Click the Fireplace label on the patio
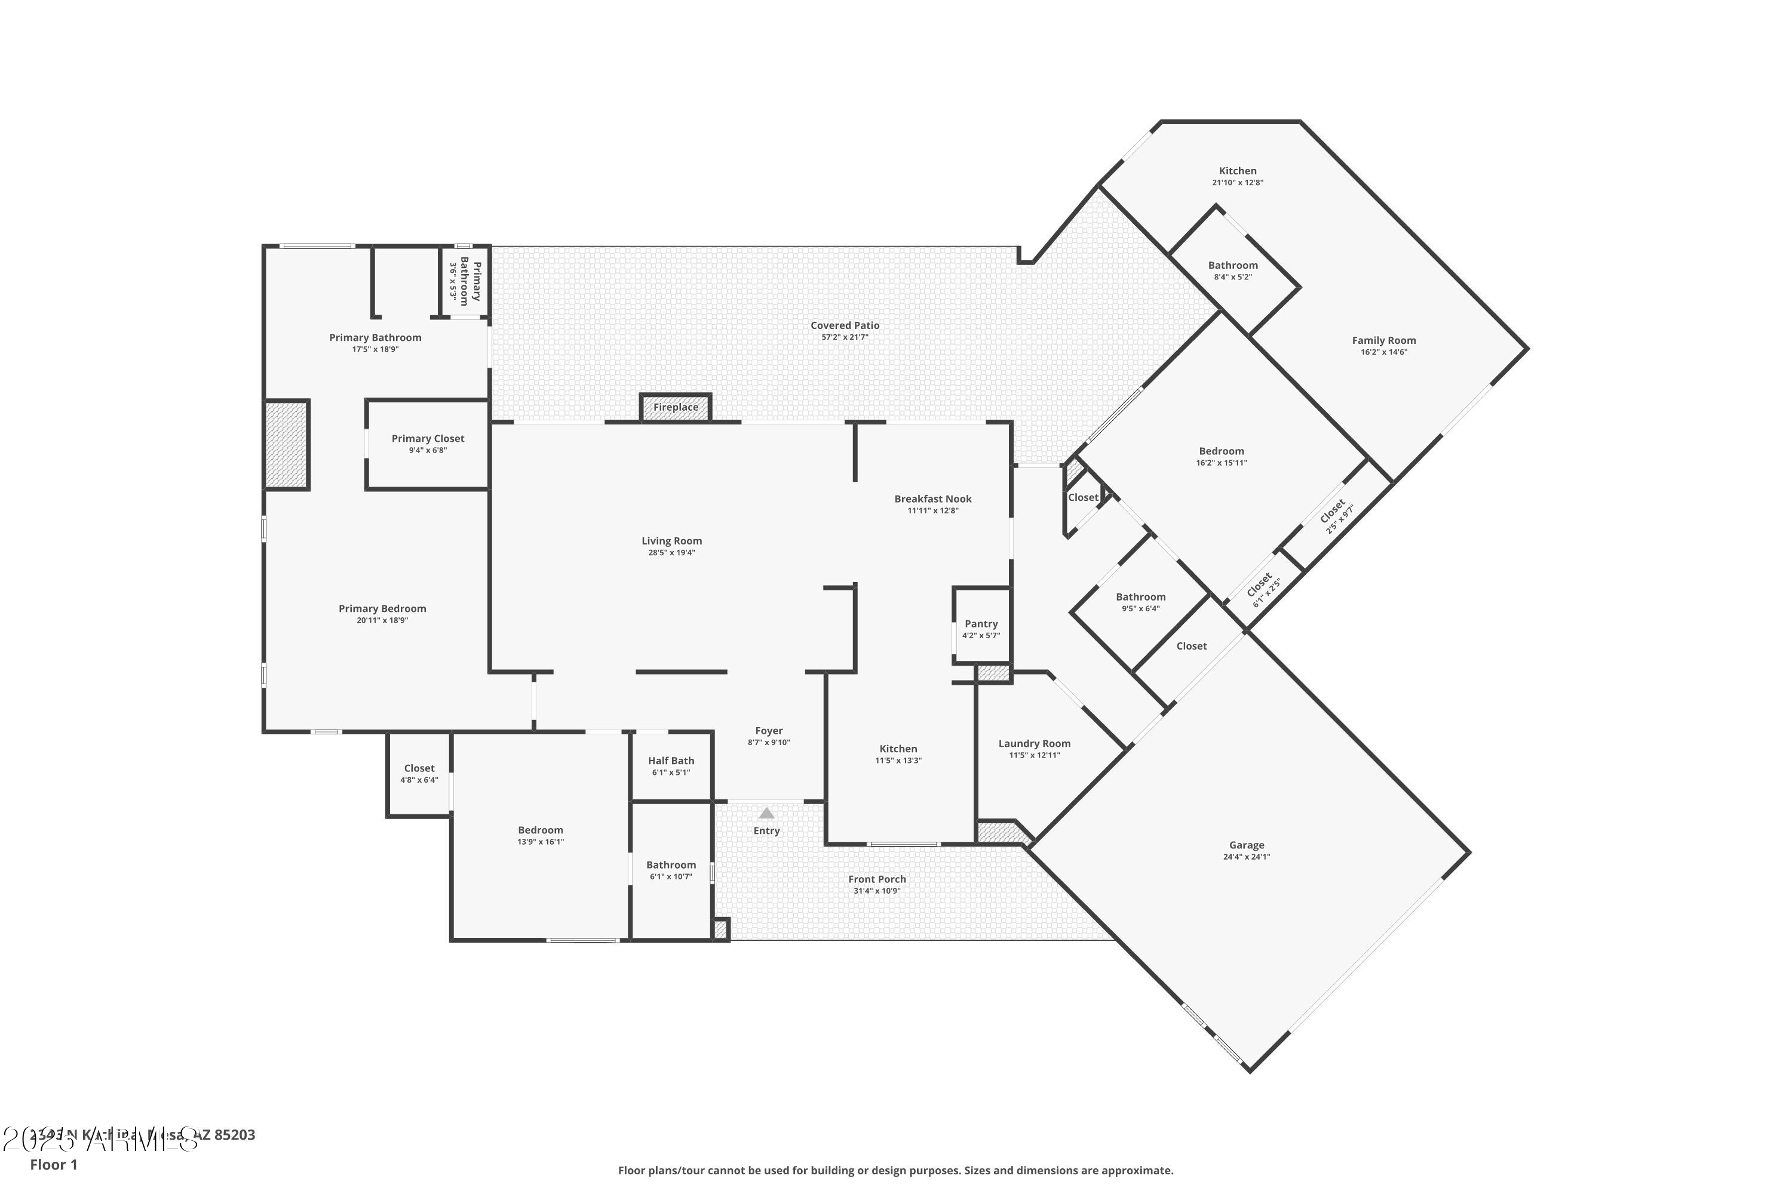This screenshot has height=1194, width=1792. tap(675, 407)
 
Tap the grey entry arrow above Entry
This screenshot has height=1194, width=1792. tap(766, 813)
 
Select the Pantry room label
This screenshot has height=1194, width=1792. tap(981, 624)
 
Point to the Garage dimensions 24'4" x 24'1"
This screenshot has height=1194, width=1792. tap(1247, 857)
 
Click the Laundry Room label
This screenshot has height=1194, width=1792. tap(1034, 743)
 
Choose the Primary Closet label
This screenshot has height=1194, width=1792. tap(428, 439)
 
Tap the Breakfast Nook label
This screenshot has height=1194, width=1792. tap(932, 498)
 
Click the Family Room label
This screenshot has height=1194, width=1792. tap(1383, 340)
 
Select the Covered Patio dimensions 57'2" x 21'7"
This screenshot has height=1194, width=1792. tap(844, 337)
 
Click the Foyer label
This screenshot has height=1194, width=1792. tap(769, 730)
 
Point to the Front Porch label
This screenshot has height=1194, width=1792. tap(877, 879)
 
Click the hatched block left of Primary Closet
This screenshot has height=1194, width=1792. tap(287, 445)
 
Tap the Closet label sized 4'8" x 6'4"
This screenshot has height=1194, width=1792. tap(419, 768)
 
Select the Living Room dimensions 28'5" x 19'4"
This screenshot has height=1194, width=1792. tap(671, 553)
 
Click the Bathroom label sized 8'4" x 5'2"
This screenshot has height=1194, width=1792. tap(1233, 265)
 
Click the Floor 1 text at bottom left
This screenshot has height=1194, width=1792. tap(53, 1164)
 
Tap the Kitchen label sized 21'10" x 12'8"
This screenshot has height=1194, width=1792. tap(1237, 171)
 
